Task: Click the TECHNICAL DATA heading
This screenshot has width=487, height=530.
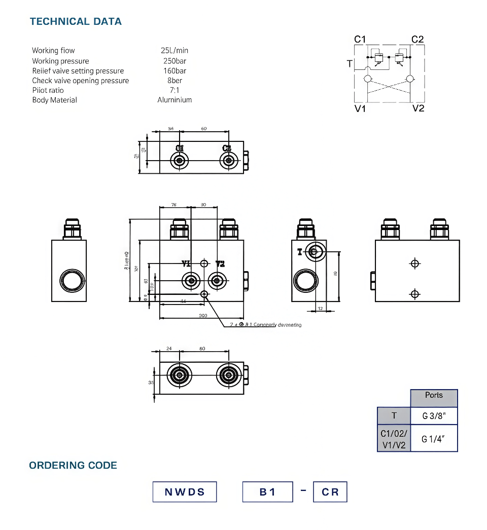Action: [76, 21]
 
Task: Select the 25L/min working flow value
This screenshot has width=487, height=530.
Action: [174, 50]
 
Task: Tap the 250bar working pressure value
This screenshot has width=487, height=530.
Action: [175, 61]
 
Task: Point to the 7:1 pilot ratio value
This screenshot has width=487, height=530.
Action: [175, 90]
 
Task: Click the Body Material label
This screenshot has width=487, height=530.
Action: [54, 100]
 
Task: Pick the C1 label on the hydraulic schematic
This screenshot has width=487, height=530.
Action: [360, 39]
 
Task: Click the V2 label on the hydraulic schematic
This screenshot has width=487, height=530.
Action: [418, 108]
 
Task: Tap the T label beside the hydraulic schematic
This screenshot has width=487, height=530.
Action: [349, 64]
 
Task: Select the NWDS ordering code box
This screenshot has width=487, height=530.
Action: [185, 491]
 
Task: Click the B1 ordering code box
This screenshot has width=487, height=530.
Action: [267, 491]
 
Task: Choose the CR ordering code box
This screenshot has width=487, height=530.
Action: [330, 491]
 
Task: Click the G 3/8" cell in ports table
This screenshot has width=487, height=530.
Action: [434, 416]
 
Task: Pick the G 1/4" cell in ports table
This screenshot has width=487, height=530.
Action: [434, 439]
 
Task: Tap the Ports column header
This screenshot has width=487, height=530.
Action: [434, 395]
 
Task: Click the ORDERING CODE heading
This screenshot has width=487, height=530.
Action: [73, 465]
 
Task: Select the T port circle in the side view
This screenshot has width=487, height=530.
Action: [314, 251]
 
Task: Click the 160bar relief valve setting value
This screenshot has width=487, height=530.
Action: [175, 70]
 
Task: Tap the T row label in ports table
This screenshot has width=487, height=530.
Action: [394, 416]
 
